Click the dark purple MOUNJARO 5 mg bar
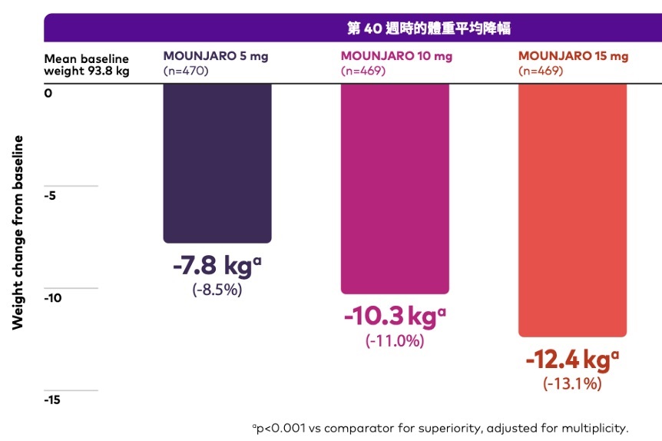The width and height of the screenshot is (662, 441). click(217, 163)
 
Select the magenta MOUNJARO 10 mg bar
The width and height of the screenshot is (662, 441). click(395, 188)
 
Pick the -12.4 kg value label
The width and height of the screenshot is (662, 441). click(572, 360)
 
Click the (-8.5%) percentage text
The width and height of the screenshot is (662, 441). click(217, 290)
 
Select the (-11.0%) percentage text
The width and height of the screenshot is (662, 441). click(395, 340)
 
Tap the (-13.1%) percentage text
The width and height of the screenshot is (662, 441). click(572, 383)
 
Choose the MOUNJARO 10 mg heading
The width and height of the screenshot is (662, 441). click(396, 56)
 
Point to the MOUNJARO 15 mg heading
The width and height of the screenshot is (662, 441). click(573, 56)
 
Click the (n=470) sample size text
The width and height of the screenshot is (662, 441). click(186, 71)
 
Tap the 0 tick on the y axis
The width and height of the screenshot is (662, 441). click(48, 93)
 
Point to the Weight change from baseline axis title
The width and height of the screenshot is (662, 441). click(18, 232)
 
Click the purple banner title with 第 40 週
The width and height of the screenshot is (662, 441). click(429, 28)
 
